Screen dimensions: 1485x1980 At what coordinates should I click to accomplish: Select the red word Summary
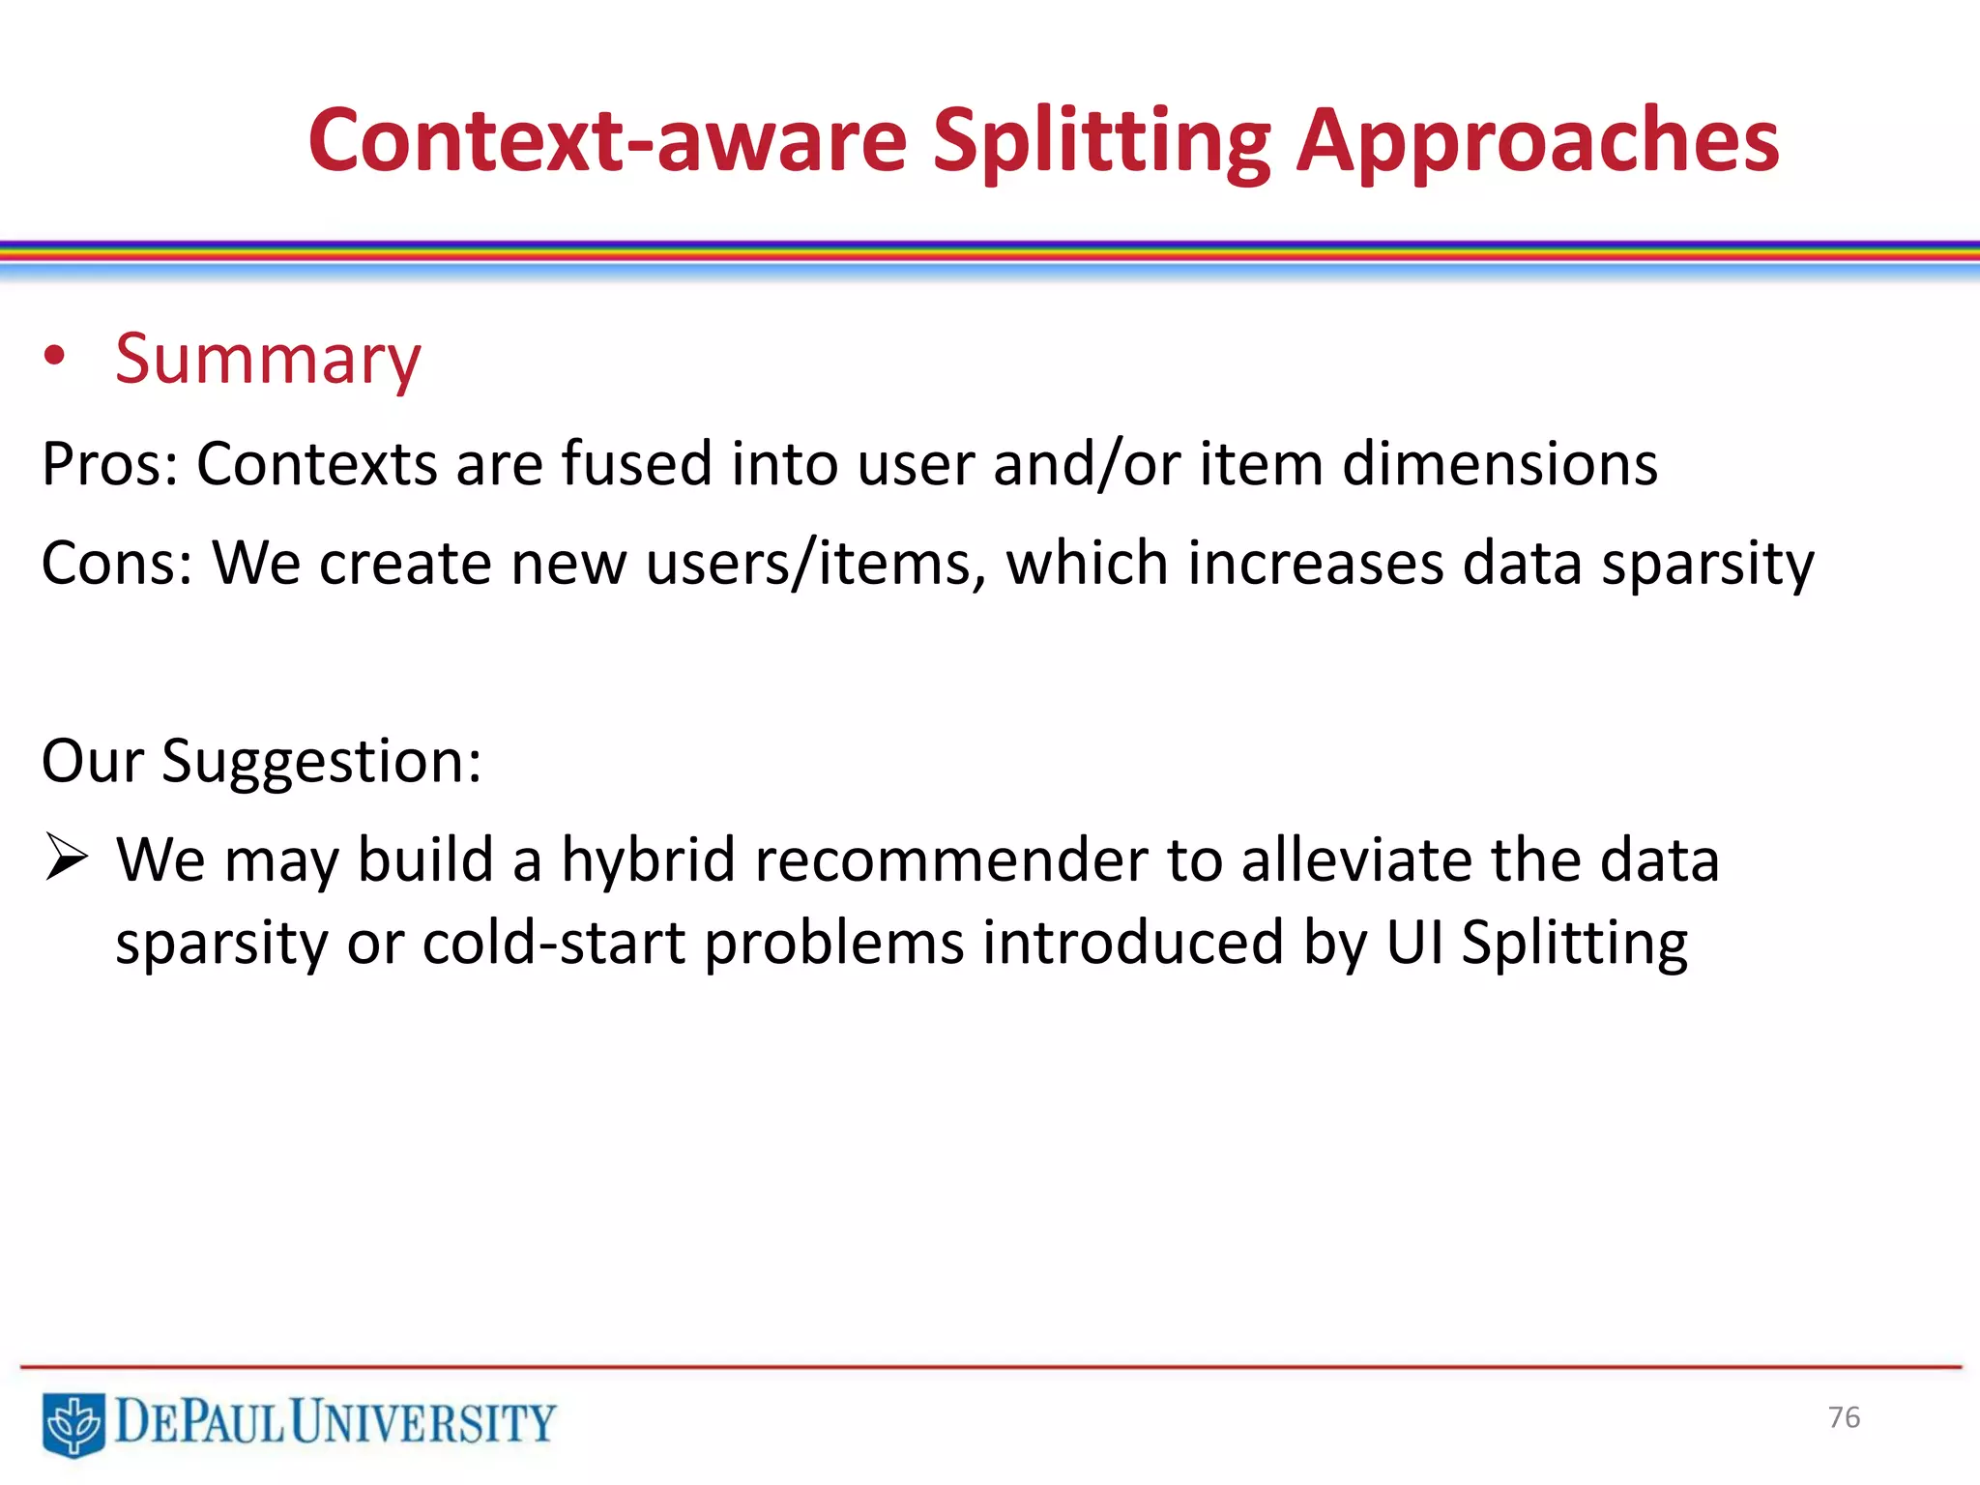(x=268, y=360)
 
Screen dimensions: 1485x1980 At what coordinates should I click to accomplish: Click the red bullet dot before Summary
(x=55, y=357)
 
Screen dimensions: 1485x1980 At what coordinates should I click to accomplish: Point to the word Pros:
(x=109, y=464)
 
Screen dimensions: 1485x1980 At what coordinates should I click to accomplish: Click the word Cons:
(x=116, y=563)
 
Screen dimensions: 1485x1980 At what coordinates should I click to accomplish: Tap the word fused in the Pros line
(x=635, y=464)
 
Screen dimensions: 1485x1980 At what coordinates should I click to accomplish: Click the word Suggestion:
(x=321, y=762)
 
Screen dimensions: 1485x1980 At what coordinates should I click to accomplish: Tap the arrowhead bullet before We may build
(x=67, y=859)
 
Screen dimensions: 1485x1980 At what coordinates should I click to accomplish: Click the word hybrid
(x=648, y=860)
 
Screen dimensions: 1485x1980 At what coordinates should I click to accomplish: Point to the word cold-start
(x=553, y=944)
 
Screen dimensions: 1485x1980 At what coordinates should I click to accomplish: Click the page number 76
(x=1843, y=1417)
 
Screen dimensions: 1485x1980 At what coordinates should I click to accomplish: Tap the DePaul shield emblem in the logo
(x=73, y=1423)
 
